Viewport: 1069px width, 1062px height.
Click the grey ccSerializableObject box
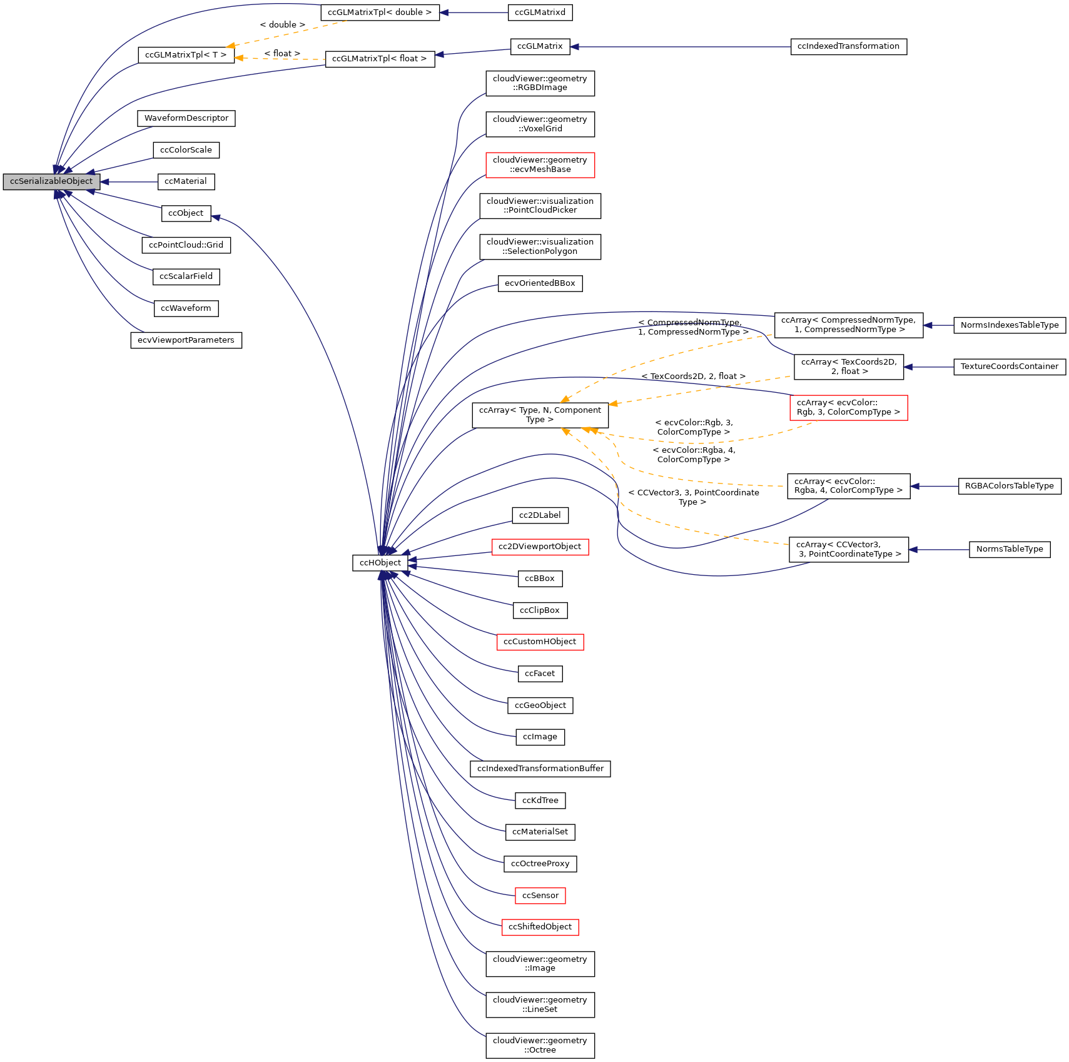coord(51,181)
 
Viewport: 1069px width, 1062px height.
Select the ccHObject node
coord(380,563)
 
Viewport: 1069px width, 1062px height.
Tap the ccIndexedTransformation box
coord(848,46)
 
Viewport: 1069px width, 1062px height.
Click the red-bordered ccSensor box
coord(540,896)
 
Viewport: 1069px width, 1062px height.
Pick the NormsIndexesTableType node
coord(1009,325)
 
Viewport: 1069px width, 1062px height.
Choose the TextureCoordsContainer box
coord(1009,367)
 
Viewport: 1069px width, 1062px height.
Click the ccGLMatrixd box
coord(540,13)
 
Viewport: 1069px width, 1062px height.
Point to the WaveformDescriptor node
coord(186,118)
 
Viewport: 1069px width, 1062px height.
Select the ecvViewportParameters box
coord(186,340)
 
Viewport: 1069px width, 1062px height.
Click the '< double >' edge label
coord(282,25)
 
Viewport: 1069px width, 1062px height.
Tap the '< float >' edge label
coord(281,54)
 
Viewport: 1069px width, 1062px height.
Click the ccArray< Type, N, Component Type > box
coord(540,415)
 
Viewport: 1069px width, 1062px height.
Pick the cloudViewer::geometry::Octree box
coord(540,1045)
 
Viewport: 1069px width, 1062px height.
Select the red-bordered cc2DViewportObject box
coord(540,547)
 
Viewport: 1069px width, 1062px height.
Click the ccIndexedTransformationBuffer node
coord(540,769)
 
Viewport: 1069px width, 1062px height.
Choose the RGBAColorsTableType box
coord(1009,486)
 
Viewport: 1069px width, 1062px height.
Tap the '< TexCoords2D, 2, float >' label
coord(693,377)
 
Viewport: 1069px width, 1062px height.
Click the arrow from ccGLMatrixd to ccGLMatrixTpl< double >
coord(474,13)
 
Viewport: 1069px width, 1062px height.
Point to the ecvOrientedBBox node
coord(540,283)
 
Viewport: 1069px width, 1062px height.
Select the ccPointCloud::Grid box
coord(186,245)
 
